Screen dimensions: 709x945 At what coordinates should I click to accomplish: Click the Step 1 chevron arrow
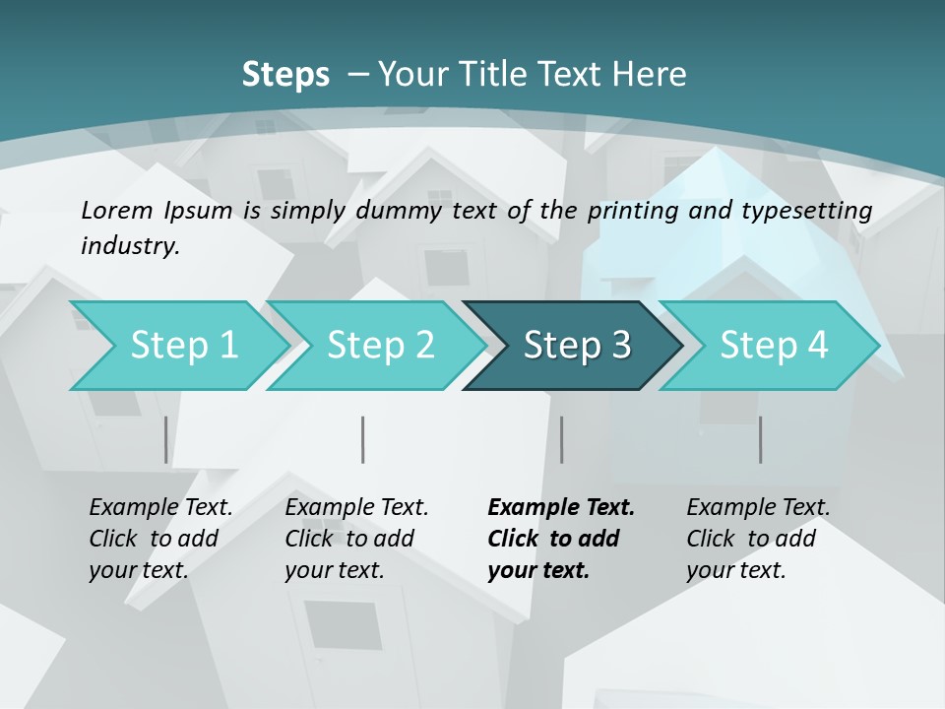coord(182,346)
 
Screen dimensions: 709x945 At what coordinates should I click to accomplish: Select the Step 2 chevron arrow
coord(379,346)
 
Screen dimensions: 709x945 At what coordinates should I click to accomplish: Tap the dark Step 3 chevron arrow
coord(576,346)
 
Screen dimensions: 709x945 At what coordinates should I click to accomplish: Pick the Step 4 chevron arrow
coord(773,346)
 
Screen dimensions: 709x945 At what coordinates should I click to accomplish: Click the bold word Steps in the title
coord(285,74)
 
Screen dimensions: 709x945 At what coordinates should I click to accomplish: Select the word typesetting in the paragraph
coord(814,210)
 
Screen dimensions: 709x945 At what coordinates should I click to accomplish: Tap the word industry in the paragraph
coord(130,245)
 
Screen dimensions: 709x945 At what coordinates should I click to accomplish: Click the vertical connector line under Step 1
coord(166,439)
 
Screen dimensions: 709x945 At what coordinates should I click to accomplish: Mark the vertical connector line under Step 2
coord(363,439)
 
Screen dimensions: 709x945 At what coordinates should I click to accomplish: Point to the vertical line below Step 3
coord(562,439)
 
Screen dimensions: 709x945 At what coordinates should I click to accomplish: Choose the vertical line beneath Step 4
coord(761,439)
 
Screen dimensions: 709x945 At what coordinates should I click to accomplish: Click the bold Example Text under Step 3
coord(561,508)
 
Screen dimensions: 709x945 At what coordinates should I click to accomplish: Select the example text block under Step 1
coord(160,539)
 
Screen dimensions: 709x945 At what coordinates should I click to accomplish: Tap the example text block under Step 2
coord(356,539)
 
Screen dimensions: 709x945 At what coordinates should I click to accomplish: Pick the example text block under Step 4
coord(758,539)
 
